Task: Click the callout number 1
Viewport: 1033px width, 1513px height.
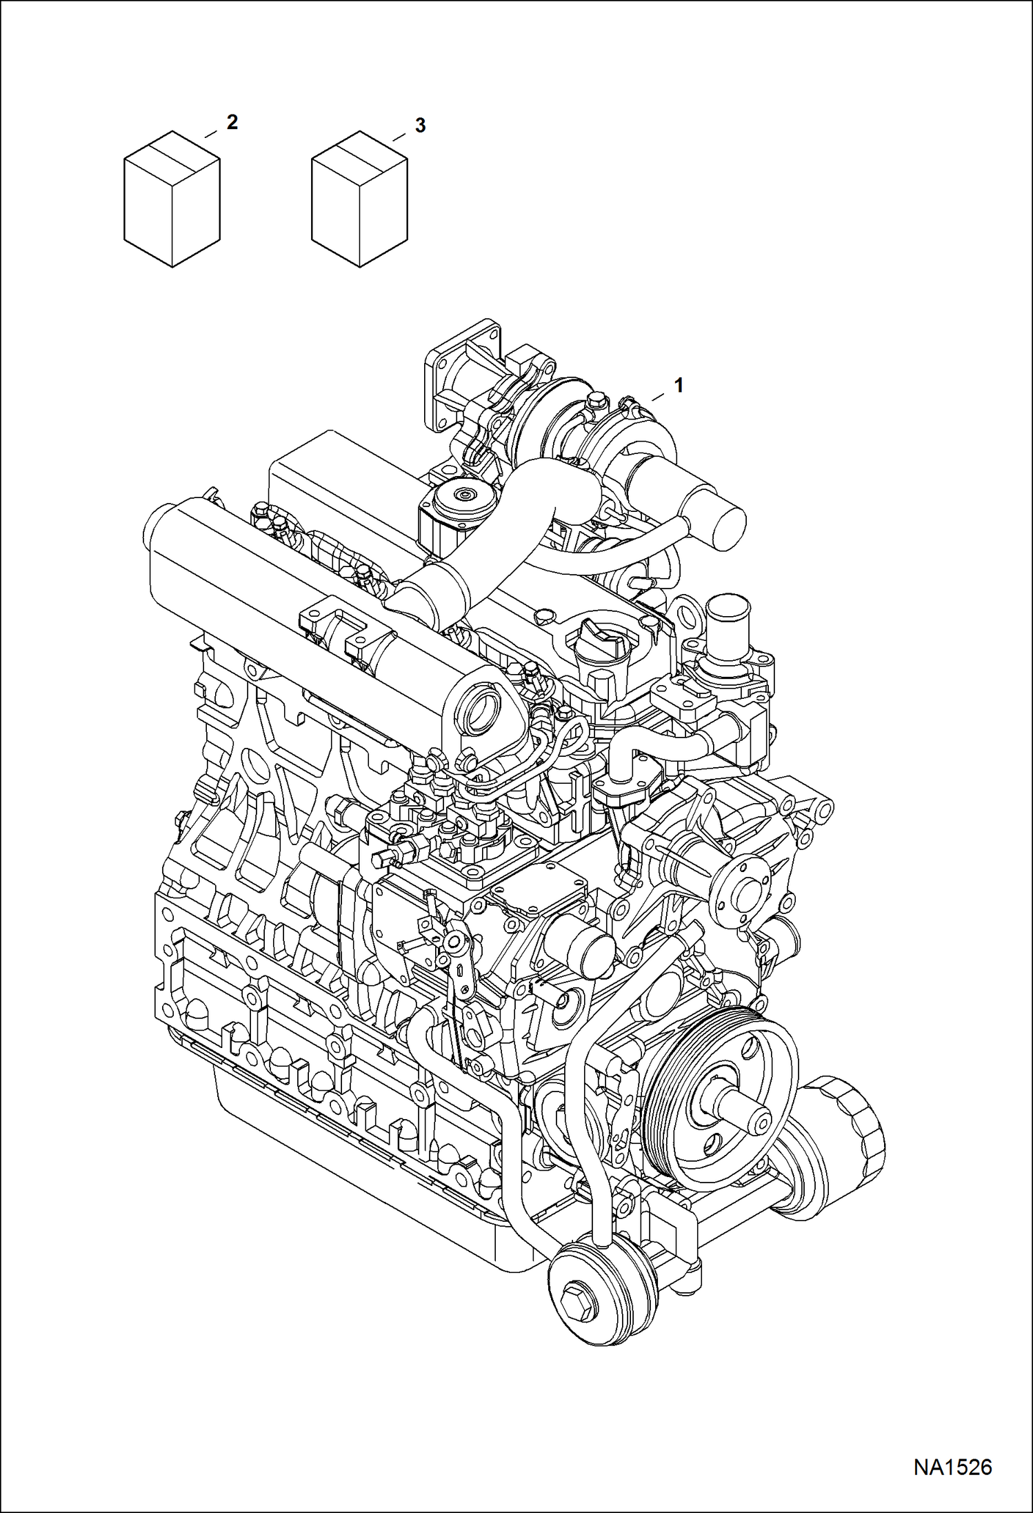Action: pyautogui.click(x=679, y=386)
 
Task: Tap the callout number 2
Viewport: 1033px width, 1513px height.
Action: pyautogui.click(x=232, y=123)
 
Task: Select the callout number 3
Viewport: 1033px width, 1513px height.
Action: pyautogui.click(x=420, y=126)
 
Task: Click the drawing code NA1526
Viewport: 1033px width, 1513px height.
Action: pyautogui.click(x=952, y=1467)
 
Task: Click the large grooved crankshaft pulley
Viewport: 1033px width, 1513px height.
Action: pyautogui.click(x=717, y=1097)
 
